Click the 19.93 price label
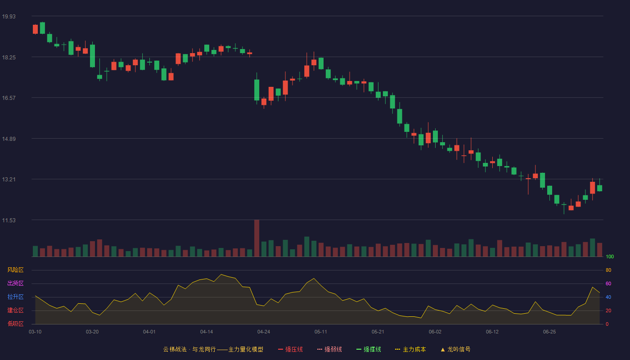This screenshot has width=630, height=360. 9,16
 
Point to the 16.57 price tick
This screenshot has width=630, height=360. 9,98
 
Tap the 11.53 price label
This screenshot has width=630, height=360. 9,220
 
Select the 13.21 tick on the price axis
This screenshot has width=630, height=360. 9,180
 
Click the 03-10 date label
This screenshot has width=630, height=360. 35,332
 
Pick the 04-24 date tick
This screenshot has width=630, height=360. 264,332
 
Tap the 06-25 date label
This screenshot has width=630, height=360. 549,332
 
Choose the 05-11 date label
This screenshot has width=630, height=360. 320,332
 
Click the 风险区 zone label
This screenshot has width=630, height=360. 15,270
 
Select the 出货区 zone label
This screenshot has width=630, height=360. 15,283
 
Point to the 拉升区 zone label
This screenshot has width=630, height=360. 15,297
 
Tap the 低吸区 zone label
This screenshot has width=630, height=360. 15,324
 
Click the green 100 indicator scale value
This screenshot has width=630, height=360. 610,256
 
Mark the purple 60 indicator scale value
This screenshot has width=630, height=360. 608,283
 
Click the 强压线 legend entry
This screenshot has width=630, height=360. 290,349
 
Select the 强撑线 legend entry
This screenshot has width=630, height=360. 369,349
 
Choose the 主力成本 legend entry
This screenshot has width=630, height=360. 410,349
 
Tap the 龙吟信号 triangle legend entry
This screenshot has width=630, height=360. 455,349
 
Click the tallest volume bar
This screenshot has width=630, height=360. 257,238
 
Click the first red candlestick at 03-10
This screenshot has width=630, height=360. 35,29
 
